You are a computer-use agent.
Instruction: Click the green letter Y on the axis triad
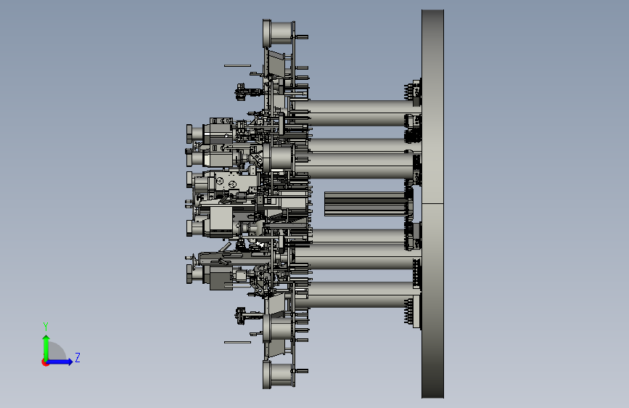(46, 326)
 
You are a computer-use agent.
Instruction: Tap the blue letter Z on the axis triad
(78, 357)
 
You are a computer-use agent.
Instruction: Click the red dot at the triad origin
(45, 362)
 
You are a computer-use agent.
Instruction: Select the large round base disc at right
(432, 204)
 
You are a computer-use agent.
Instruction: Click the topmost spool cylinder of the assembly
(279, 32)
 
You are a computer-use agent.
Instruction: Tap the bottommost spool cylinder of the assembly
(279, 375)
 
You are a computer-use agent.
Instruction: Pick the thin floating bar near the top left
(237, 65)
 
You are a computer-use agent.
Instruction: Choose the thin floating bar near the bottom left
(237, 342)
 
